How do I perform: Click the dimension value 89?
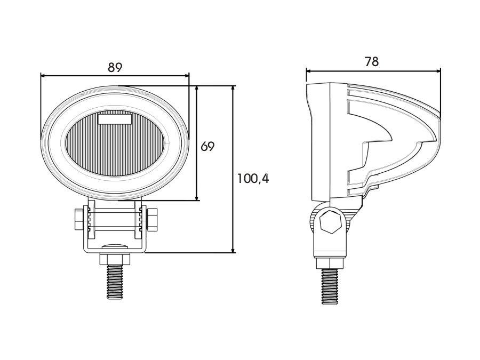(115, 67)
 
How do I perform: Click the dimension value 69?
(207, 147)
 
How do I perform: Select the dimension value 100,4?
(253, 179)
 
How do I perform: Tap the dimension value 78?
(372, 62)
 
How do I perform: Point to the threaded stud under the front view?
(115, 282)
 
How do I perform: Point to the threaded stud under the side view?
(330, 286)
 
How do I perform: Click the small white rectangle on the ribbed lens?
(115, 119)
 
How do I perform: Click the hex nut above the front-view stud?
(115, 259)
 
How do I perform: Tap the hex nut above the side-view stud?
(330, 263)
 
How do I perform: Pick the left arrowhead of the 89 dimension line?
(44, 75)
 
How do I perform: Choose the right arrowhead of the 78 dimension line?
(437, 71)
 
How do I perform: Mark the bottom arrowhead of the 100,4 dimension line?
(233, 250)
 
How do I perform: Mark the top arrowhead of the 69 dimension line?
(197, 90)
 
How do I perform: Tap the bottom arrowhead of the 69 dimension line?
(197, 197)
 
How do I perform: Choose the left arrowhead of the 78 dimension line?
(309, 71)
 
